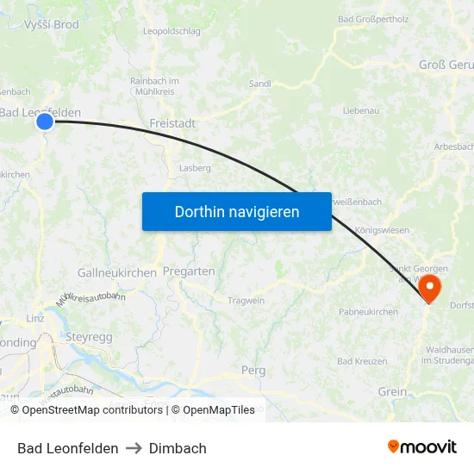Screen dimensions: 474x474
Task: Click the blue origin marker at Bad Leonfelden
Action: tap(45, 122)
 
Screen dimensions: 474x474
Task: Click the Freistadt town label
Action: tap(172, 124)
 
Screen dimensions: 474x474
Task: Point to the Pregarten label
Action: tap(189, 271)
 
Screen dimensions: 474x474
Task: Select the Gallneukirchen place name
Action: tap(117, 272)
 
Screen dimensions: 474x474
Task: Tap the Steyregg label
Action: tap(90, 337)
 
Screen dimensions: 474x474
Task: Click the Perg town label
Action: tap(253, 370)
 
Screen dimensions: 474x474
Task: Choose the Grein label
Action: tap(392, 391)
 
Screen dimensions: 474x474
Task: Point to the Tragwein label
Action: tap(246, 301)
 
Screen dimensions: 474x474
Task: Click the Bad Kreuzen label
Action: tap(362, 361)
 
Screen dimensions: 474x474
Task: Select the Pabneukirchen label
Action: tap(368, 311)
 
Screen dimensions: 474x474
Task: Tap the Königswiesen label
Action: tap(382, 231)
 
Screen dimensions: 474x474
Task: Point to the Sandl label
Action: tap(259, 84)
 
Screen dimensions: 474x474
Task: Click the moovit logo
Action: tap(422, 447)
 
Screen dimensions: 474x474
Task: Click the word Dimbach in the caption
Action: tap(178, 448)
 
